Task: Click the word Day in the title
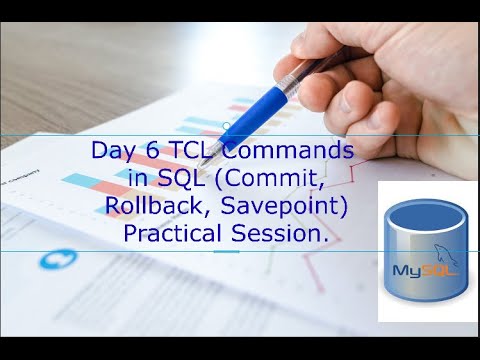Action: click(110, 152)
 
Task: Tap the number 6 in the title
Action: click(147, 152)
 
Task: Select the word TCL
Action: click(182, 152)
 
